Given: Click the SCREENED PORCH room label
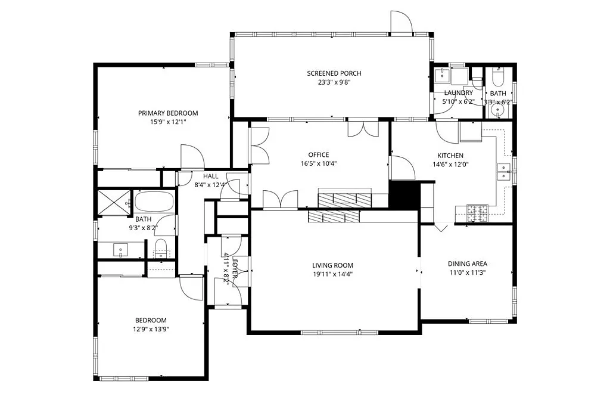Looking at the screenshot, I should click(334, 73).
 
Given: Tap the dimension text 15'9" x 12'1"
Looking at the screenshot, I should click(168, 122).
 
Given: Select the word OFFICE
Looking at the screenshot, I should click(318, 155).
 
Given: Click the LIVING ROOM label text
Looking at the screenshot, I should click(332, 266).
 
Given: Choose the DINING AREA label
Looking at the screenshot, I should click(468, 264).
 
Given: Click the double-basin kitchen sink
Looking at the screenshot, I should click(504, 172).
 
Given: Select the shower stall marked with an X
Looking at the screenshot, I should click(113, 202).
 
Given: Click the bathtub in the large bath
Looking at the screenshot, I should click(154, 202).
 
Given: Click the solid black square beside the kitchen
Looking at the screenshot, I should click(404, 194).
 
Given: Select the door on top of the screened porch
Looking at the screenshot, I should click(401, 23).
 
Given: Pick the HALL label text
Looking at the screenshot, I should click(210, 176).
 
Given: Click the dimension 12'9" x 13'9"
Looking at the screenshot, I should click(150, 329).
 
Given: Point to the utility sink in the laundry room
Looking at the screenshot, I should click(442, 75).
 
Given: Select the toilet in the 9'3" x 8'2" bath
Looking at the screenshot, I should click(161, 247).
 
